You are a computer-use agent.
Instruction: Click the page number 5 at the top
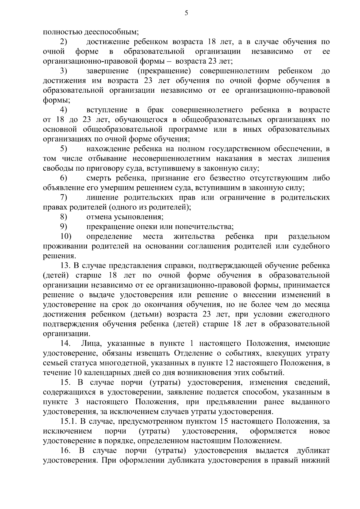click(x=186, y=13)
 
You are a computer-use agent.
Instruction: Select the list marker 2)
click(x=64, y=41)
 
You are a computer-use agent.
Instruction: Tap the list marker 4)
click(x=64, y=109)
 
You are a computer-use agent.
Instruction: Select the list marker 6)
click(x=64, y=178)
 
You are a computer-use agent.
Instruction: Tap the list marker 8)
click(x=64, y=217)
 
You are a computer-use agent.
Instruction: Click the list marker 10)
click(x=66, y=236)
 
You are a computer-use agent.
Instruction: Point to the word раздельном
click(x=309, y=236)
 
